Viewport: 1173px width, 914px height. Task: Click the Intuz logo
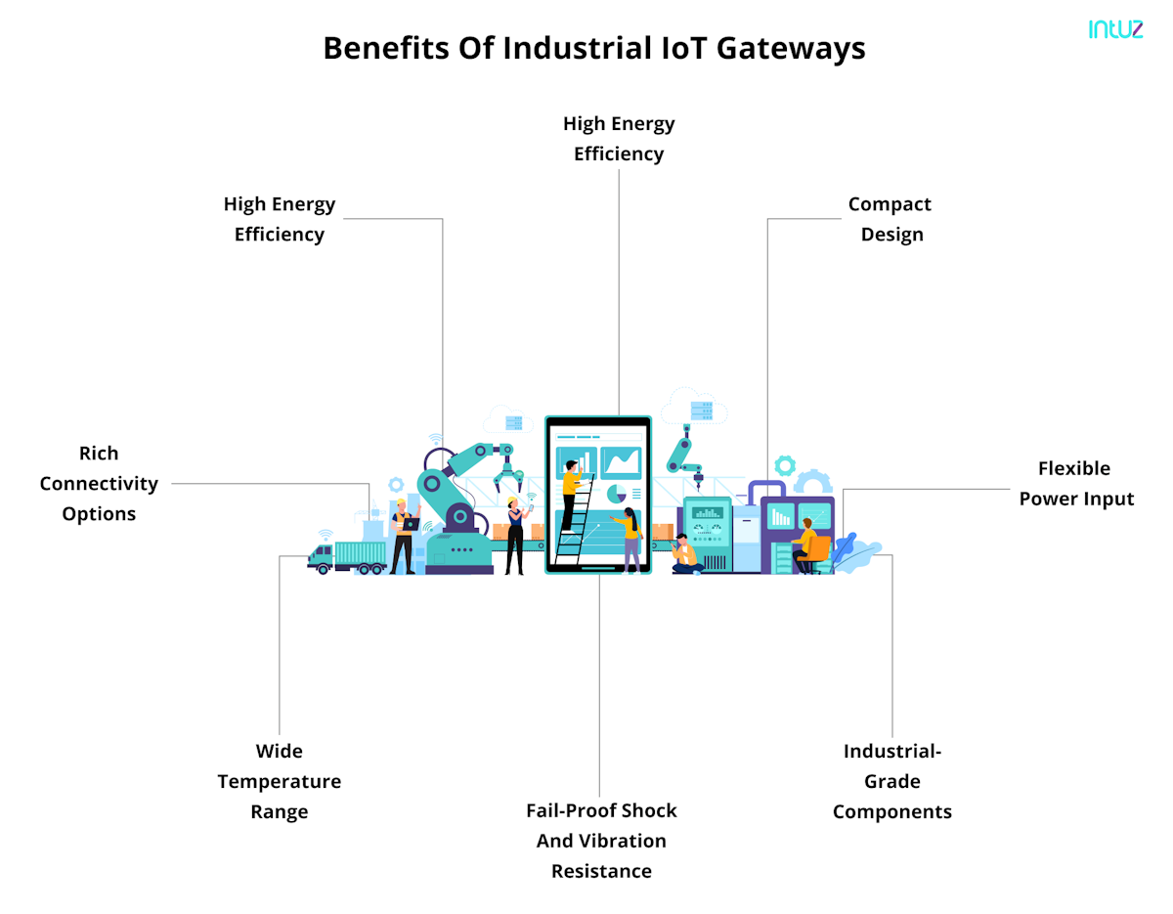coord(1114,29)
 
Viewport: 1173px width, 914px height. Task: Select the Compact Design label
coord(890,219)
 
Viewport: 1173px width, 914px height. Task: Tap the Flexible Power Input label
coord(1075,484)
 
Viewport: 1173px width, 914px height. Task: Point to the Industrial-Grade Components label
coord(891,781)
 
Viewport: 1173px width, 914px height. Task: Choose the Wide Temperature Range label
coord(280,781)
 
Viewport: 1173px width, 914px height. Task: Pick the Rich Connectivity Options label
coord(99,483)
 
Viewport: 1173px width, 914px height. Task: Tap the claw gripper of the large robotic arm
coord(506,478)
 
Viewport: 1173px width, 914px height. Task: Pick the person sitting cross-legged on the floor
coord(686,554)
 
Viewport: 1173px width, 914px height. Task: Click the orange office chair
coord(816,552)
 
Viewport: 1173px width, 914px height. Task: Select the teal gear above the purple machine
coord(784,466)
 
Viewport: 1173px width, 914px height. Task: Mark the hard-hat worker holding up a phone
coord(515,534)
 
